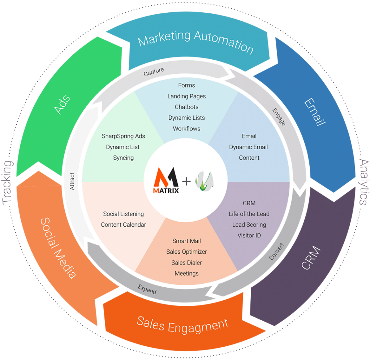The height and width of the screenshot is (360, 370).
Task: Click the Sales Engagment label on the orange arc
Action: pos(182,324)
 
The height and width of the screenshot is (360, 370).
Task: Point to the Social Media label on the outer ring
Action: pos(58,248)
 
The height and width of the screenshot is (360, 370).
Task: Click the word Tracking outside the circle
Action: pos(8,182)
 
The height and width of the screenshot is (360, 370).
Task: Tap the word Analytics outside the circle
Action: pos(363,182)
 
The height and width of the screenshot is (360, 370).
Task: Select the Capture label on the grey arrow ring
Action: pos(154,71)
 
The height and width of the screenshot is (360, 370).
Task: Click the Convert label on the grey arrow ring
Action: pos(277,252)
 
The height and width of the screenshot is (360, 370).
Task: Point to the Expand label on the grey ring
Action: pos(147,290)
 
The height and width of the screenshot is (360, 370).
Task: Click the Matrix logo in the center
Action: pos(167,180)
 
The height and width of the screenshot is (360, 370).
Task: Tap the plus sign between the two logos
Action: pos(186,181)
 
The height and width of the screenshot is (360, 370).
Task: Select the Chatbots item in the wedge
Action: pos(186,107)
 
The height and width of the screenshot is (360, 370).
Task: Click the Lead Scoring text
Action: pos(249,224)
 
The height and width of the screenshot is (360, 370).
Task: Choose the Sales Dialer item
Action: pos(186,262)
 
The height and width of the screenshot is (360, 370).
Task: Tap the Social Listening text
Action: pos(123,214)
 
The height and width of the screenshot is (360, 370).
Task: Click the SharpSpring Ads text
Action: pos(123,136)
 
